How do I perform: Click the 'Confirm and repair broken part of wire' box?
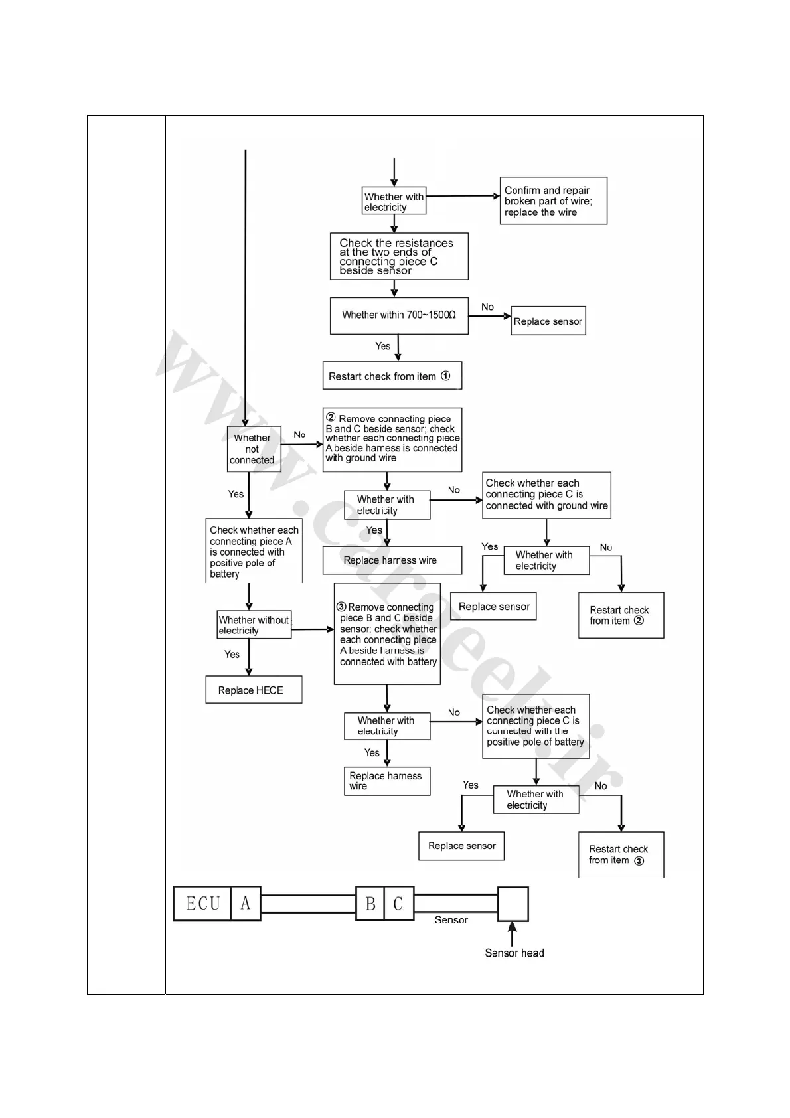(553, 200)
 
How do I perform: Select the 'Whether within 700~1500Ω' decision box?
(399, 315)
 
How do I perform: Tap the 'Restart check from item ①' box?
(392, 376)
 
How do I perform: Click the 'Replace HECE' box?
(254, 690)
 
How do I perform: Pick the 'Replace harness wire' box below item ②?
(392, 560)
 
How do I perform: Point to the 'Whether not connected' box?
(254, 449)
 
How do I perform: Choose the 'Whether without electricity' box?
(254, 625)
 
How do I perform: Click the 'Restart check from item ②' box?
(621, 615)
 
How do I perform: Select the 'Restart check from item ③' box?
(621, 854)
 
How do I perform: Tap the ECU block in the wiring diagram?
(202, 904)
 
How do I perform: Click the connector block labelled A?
(246, 904)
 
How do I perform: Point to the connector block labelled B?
(370, 904)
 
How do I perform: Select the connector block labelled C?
(398, 904)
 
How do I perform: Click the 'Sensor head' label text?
(514, 953)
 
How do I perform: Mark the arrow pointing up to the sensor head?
(512, 933)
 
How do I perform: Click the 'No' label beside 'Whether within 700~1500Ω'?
(487, 307)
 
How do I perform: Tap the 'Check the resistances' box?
(399, 256)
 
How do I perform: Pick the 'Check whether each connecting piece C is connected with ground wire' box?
(546, 495)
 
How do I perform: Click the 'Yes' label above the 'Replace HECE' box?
(232, 654)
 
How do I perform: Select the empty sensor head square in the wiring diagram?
(513, 904)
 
